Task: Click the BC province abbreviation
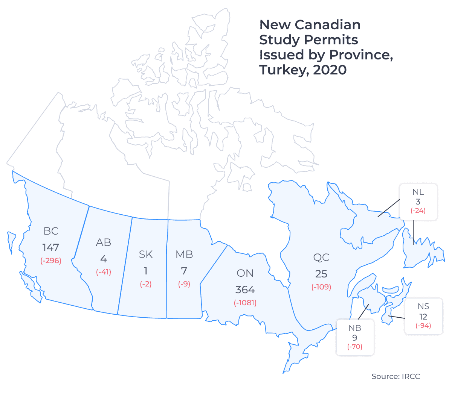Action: click(51, 231)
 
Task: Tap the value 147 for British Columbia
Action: click(50, 247)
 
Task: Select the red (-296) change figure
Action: click(50, 261)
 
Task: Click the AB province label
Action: click(104, 242)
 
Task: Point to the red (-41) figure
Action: click(104, 272)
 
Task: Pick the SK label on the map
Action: click(146, 255)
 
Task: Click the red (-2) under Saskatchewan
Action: click(146, 284)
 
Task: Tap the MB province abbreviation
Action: click(184, 255)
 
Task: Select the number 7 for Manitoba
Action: click(184, 271)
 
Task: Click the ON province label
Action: click(245, 273)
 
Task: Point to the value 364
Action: click(245, 290)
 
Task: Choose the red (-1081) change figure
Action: click(245, 303)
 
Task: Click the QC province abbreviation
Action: click(321, 258)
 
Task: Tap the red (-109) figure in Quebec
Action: click(321, 287)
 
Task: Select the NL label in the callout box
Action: click(418, 192)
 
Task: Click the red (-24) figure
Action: click(418, 211)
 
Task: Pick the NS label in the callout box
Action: click(423, 306)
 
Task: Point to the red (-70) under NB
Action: click(355, 347)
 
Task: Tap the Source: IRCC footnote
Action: click(396, 376)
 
